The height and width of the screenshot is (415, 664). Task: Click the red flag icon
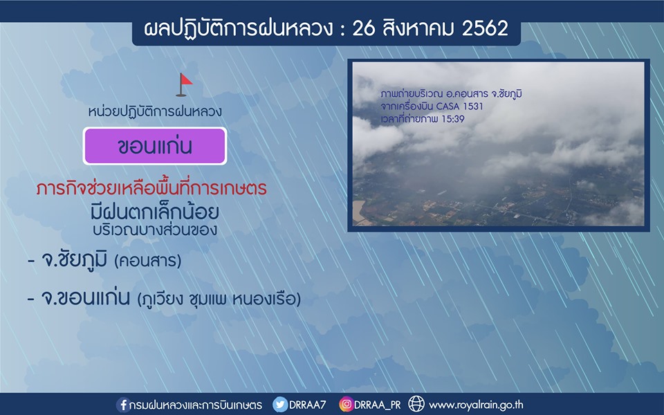[184, 84]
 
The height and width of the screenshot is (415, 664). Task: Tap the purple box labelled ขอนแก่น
[155, 146]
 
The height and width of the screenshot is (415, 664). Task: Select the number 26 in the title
[363, 29]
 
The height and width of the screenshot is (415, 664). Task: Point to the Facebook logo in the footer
[123, 405]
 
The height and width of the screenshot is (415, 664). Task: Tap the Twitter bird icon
[280, 405]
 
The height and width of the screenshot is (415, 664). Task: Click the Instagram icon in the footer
[346, 405]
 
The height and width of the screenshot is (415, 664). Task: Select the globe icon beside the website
[416, 404]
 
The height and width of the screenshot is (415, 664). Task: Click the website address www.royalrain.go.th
[476, 405]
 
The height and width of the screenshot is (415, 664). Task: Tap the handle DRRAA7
[307, 405]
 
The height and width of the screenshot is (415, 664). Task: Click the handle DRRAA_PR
[378, 405]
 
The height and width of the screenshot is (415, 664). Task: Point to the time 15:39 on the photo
[453, 119]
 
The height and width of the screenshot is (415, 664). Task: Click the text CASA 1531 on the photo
[459, 107]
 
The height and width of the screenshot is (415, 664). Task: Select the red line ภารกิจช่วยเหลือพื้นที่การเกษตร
[151, 187]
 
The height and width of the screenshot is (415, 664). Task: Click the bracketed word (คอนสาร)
[148, 261]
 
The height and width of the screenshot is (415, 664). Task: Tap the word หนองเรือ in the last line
[264, 299]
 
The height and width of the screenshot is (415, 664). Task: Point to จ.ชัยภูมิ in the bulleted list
[74, 259]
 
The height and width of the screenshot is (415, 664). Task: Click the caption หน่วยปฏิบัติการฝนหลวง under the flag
[155, 111]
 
